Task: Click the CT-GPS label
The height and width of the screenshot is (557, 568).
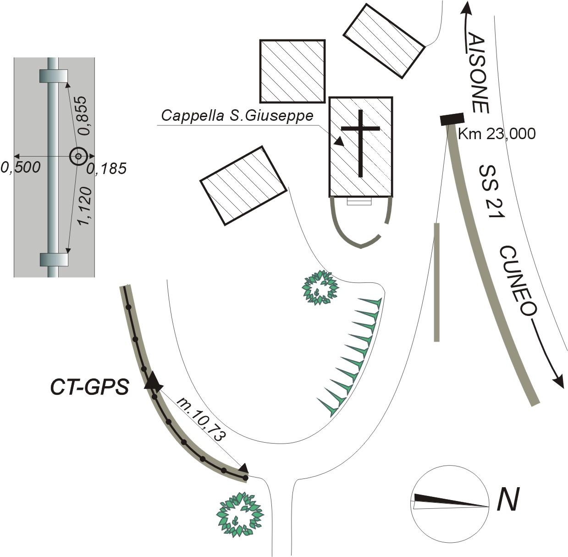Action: pyautogui.click(x=90, y=387)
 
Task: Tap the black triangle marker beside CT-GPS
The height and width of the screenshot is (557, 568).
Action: pyautogui.click(x=154, y=381)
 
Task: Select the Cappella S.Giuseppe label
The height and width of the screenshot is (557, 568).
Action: pyautogui.click(x=237, y=115)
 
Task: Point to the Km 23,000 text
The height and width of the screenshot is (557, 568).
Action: pyautogui.click(x=497, y=134)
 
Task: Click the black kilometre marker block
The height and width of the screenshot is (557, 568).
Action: pyautogui.click(x=452, y=119)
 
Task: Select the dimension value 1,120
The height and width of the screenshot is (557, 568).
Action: pyautogui.click(x=85, y=206)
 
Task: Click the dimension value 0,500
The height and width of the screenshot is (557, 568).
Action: pyautogui.click(x=20, y=168)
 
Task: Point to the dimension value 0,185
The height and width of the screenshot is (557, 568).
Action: pyautogui.click(x=107, y=169)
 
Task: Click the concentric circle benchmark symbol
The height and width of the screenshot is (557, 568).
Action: pyautogui.click(x=78, y=156)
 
